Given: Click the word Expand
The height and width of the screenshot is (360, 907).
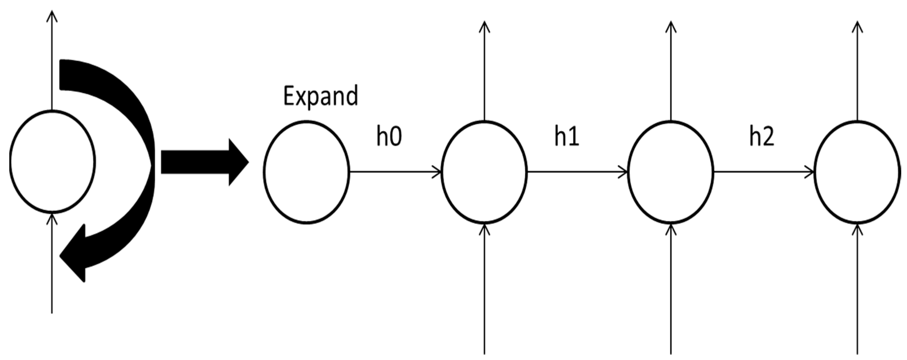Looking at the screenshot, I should pos(321,96).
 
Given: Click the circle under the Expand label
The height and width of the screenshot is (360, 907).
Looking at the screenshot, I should pos(306,172).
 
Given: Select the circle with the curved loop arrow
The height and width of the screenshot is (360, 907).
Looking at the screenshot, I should pos(52,162).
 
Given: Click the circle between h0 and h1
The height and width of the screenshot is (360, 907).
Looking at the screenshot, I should pos(484,172).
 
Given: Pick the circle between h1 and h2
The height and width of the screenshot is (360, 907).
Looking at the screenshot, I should pos(671,172).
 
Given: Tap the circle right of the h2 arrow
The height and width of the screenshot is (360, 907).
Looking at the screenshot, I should pos(857,172).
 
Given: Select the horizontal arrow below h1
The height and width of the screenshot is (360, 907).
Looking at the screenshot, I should pos(577,172).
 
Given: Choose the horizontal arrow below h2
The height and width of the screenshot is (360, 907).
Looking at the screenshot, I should pos(764,172).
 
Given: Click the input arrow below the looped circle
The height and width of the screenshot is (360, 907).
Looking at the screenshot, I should pos(52,264).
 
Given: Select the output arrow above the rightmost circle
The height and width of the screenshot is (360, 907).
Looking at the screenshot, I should pos(857,70).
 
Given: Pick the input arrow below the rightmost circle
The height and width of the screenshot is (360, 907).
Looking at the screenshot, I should pos(857,289).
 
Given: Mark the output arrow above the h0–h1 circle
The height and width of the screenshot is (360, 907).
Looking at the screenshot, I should pos(484,70).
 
